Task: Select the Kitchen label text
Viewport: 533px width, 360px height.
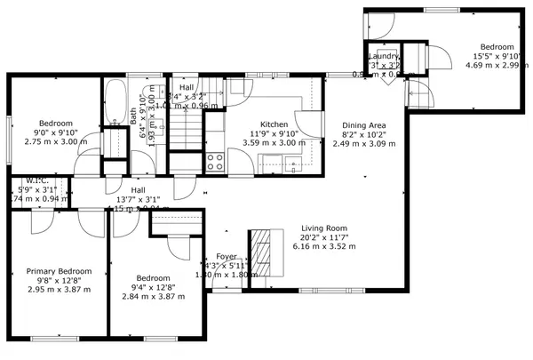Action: pyautogui.click(x=274, y=124)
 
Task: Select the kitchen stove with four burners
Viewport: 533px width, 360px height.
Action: pyautogui.click(x=214, y=161)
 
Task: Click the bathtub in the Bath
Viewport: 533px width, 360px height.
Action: pyautogui.click(x=116, y=102)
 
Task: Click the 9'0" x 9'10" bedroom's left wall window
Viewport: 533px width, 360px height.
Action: pyautogui.click(x=10, y=139)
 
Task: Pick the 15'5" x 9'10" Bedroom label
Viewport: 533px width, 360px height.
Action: pyautogui.click(x=497, y=46)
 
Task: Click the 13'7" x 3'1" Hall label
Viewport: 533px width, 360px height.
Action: pyautogui.click(x=139, y=190)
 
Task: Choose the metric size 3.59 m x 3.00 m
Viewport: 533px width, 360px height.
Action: pyautogui.click(x=274, y=142)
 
